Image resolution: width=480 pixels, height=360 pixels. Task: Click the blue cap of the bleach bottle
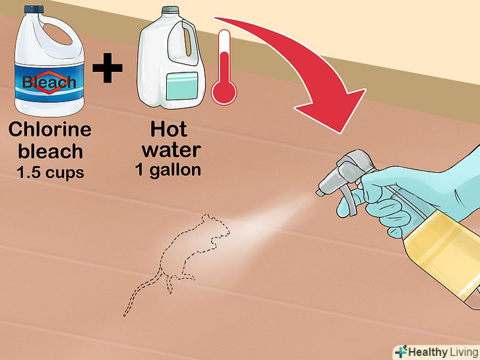[x=35, y=9]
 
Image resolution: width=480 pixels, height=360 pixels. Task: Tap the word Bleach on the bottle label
[x=49, y=82]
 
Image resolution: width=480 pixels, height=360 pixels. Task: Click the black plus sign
[x=107, y=68]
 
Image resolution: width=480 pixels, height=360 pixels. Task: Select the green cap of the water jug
[x=171, y=10]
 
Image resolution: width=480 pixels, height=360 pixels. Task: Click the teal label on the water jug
[x=182, y=86]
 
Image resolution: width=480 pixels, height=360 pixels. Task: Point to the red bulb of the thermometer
[x=224, y=92]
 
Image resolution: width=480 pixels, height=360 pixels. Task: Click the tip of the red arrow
[x=339, y=133]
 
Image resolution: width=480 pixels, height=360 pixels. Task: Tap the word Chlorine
[x=49, y=129]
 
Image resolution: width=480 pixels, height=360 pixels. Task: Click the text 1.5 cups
[x=50, y=172]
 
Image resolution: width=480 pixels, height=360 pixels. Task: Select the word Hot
[x=168, y=129]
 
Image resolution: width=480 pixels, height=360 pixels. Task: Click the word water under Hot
[x=171, y=150]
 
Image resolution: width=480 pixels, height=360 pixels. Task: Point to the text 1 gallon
[x=168, y=170]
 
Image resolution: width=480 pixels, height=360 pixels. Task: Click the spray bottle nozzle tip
[x=319, y=193]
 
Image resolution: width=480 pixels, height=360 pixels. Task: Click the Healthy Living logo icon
[x=401, y=351]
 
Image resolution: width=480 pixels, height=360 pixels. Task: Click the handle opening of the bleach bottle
[x=57, y=34]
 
